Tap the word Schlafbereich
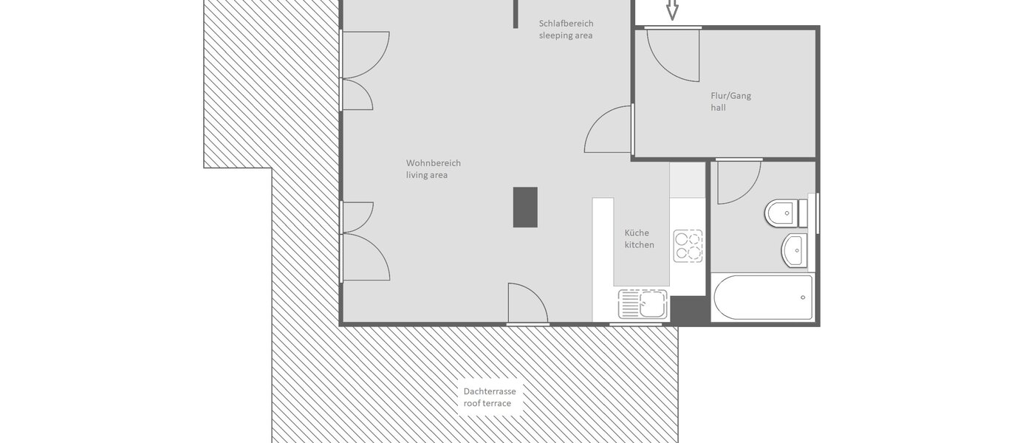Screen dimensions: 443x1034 (566, 23)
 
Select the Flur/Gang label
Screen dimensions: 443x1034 (730, 95)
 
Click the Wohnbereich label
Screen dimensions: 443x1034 (434, 163)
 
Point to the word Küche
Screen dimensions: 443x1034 (637, 233)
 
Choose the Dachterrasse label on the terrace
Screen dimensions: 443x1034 (490, 391)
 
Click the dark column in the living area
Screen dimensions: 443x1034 (525, 207)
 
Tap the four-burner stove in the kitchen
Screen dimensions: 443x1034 (688, 246)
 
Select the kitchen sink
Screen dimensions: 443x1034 (643, 304)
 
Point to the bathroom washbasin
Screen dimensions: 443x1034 (795, 250)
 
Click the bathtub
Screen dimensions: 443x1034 (763, 298)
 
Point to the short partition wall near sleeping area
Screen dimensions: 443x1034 (516, 14)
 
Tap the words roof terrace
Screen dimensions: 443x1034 (487, 403)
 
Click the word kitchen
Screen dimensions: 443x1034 (639, 244)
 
